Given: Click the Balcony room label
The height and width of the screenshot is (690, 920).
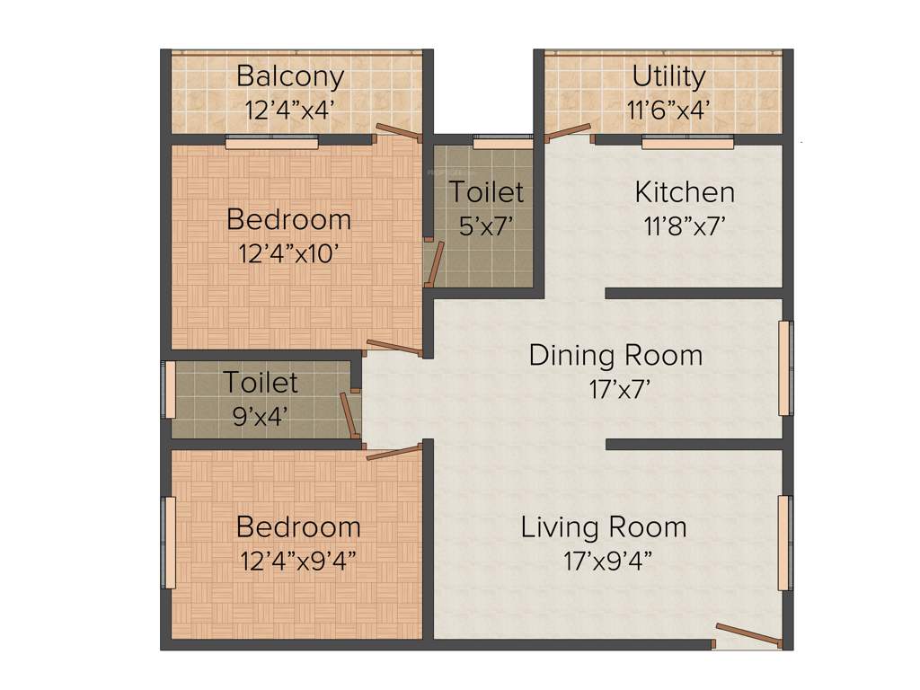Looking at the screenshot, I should tap(290, 76).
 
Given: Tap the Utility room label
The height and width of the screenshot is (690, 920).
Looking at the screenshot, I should tap(668, 76).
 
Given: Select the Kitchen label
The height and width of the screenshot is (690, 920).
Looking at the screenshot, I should tap(685, 191).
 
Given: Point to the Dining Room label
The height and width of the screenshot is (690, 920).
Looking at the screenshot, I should tap(615, 355).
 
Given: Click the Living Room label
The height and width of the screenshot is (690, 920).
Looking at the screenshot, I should tap(604, 526).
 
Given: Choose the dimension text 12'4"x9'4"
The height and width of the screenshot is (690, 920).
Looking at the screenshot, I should tap(298, 561).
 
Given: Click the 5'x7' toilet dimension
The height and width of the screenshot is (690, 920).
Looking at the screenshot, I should tap(486, 226).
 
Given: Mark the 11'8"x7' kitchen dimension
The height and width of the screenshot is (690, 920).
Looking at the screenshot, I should tap(684, 226).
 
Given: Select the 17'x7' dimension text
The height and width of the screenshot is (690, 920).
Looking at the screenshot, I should tap(615, 389).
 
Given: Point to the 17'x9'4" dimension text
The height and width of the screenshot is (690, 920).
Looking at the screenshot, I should tap(607, 562).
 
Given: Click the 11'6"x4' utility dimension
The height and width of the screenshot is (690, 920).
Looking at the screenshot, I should tap(669, 110).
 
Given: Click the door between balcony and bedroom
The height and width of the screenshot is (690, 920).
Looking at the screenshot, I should tap(398, 133).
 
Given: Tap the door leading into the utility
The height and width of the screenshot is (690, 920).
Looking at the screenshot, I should tap(567, 132).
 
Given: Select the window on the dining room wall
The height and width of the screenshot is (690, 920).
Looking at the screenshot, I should tap(785, 367).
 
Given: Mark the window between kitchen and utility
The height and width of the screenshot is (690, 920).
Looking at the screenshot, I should tap(687, 141).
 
